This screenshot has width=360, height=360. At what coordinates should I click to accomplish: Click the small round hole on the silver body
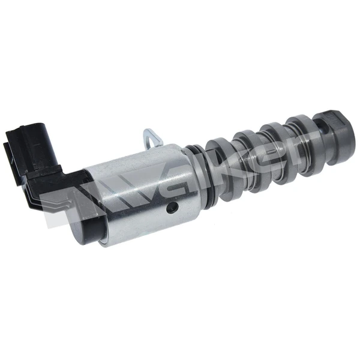pyautogui.click(x=173, y=208)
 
